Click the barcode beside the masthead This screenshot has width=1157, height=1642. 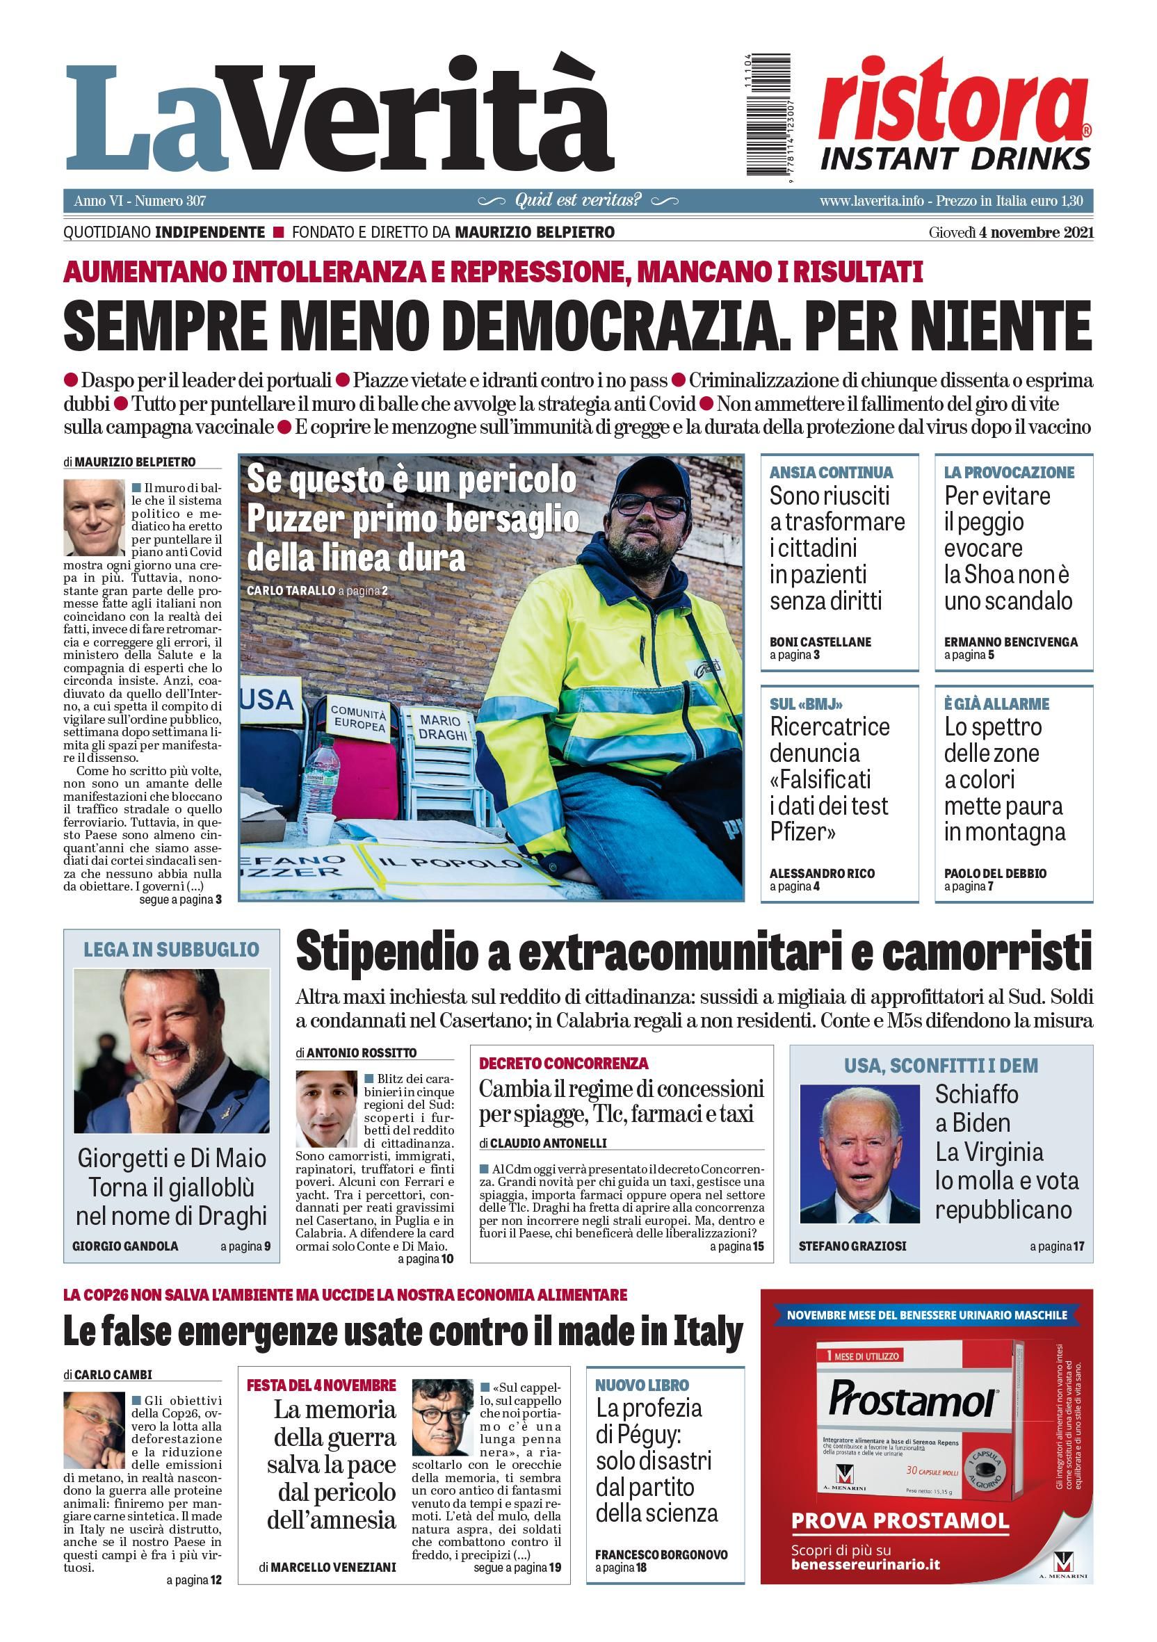tap(759, 117)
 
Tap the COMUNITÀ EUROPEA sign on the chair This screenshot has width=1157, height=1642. tap(358, 717)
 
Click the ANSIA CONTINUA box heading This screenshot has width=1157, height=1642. tap(831, 472)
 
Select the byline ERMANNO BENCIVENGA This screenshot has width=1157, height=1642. tap(1010, 642)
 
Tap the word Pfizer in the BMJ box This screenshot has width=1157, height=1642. tap(803, 831)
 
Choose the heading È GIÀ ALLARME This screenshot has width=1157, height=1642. tap(996, 704)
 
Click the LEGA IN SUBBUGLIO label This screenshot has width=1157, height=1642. tap(171, 949)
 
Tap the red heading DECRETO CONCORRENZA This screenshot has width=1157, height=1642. tap(563, 1063)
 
